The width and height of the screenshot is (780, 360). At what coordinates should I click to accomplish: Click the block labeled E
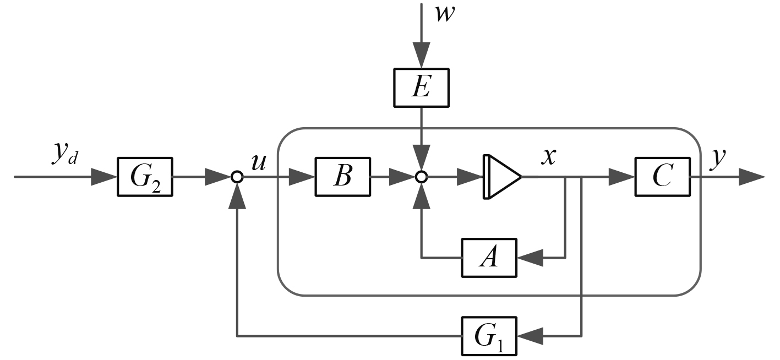421,88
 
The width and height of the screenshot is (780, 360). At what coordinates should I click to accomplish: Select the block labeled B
342,177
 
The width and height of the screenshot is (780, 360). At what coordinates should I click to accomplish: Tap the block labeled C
662,177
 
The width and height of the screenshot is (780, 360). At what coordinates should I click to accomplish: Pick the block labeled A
489,257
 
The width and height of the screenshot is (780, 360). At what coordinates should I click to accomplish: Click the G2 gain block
145,177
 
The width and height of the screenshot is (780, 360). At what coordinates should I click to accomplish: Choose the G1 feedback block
489,335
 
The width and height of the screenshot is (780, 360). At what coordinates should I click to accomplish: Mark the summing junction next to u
237,177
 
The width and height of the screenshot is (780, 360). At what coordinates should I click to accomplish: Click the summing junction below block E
421,177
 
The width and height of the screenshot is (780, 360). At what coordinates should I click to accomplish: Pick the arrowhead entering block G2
105,177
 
